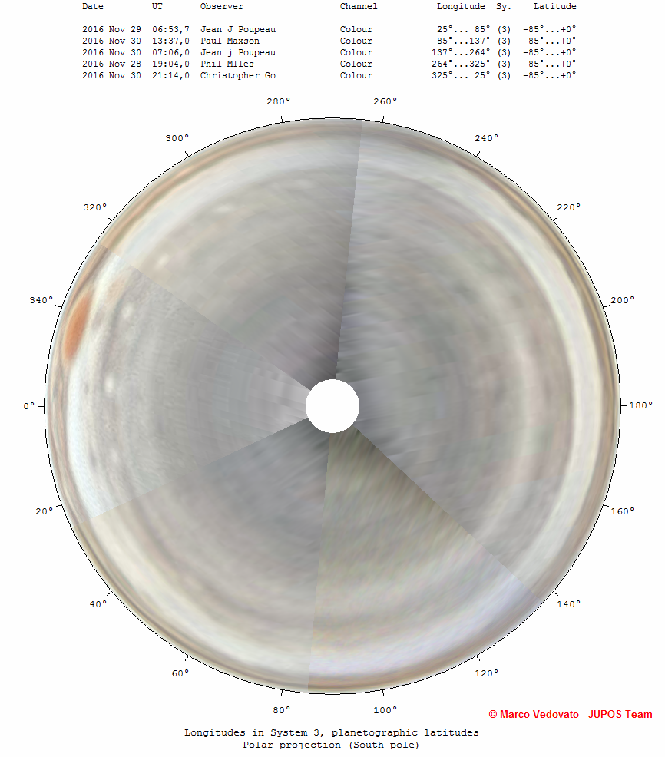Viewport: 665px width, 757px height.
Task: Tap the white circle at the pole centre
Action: (332, 406)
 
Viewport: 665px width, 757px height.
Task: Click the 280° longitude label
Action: (279, 101)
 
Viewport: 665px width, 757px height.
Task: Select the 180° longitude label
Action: (641, 405)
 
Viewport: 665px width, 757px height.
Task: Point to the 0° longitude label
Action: (29, 406)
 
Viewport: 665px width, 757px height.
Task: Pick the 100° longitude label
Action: (385, 710)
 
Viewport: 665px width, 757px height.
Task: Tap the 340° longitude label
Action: (41, 300)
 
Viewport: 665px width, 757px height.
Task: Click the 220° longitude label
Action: (568, 207)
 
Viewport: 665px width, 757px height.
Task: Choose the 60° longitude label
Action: (180, 673)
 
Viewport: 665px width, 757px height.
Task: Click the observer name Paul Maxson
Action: (230, 41)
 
